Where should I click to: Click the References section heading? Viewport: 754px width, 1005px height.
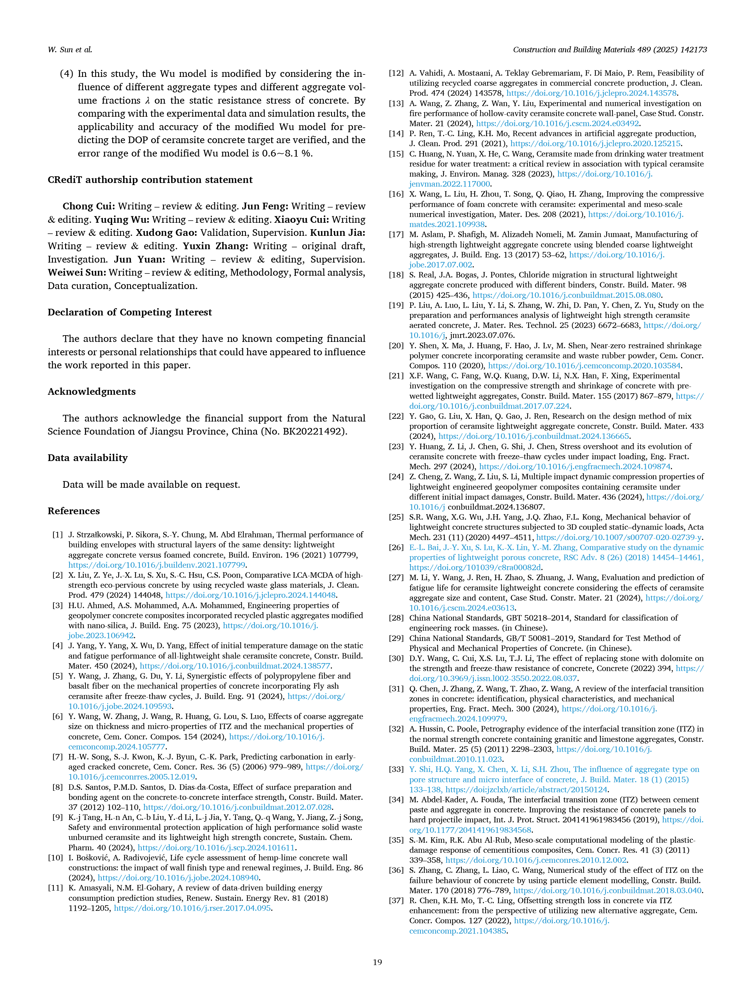pos(74,511)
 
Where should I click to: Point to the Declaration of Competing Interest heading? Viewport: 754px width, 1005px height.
pos(130,312)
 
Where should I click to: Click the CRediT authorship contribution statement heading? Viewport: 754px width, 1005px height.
pos(150,180)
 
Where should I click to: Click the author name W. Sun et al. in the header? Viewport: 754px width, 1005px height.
pos(70,50)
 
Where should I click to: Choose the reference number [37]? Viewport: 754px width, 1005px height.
pos(396,900)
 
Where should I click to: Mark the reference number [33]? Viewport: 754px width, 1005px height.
pos(396,769)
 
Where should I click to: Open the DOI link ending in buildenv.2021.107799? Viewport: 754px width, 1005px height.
pos(157,565)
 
